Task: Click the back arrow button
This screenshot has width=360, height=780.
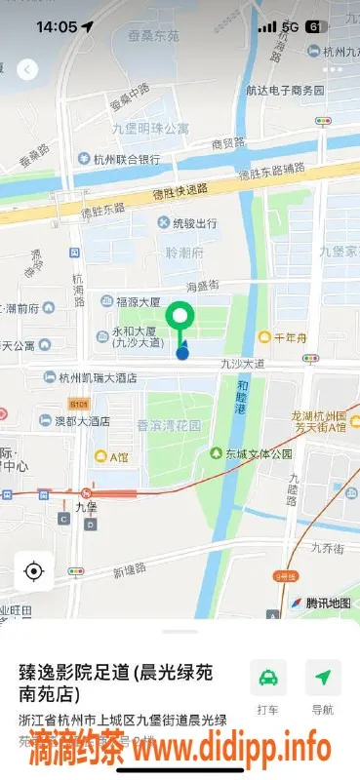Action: tap(27, 69)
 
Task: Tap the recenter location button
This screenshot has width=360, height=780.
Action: tap(34, 570)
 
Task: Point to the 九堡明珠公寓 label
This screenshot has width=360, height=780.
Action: tap(150, 129)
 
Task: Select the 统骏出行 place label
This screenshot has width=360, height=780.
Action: tap(186, 223)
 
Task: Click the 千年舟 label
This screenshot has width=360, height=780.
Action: tap(290, 337)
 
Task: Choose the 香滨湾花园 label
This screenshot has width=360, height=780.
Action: tap(169, 426)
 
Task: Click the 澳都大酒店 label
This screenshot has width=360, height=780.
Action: tap(81, 420)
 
